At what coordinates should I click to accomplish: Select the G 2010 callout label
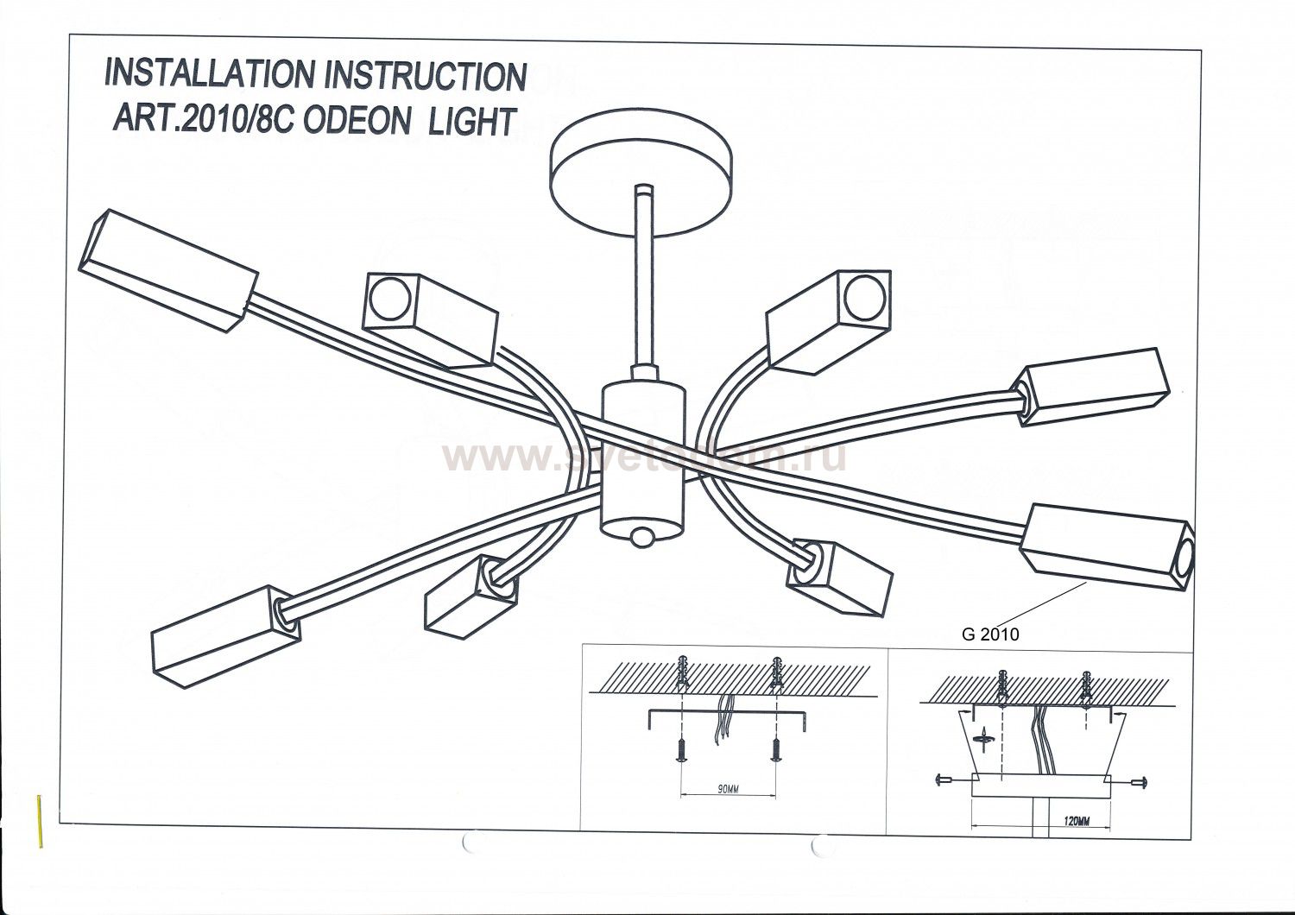tap(990, 634)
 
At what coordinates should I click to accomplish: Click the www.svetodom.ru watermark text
tap(643, 457)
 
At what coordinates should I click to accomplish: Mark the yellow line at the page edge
tap(41, 820)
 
